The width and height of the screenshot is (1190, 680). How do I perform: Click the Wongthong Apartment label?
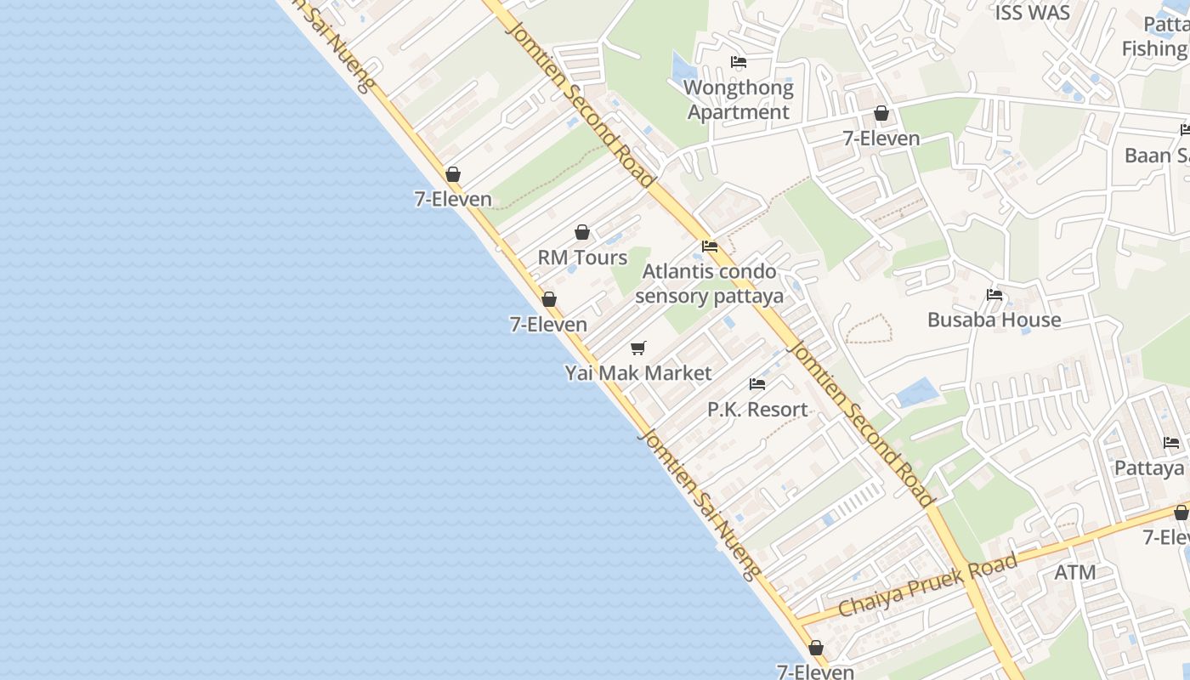point(739,99)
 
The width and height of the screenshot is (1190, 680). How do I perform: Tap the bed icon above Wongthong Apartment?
point(739,62)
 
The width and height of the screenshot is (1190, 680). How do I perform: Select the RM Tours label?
point(582,258)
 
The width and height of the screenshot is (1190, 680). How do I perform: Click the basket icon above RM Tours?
point(582,232)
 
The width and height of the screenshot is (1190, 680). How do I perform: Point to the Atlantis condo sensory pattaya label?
point(709,284)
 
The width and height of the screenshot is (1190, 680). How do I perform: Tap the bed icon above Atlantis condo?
point(710,246)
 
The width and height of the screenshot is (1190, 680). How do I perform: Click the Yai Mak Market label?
point(638,373)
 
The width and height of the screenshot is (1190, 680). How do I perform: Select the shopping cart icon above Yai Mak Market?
point(638,348)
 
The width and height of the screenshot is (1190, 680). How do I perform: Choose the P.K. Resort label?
point(757,410)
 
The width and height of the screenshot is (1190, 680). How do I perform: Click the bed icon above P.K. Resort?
point(757,384)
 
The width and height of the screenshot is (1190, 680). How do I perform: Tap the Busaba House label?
point(994,320)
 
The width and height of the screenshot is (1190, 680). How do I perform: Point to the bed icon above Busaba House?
point(994,295)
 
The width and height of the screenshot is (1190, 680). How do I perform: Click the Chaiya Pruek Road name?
point(927,586)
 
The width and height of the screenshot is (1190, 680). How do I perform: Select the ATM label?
point(1075,573)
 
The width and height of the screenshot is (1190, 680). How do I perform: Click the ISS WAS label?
point(1032,13)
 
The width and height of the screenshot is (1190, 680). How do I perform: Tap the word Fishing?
point(1154,48)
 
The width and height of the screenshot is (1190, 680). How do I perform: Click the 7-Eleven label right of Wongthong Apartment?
point(881,139)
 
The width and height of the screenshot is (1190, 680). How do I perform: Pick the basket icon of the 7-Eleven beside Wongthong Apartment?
point(881,113)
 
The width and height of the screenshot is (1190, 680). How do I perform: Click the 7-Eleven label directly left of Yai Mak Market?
point(548,325)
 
